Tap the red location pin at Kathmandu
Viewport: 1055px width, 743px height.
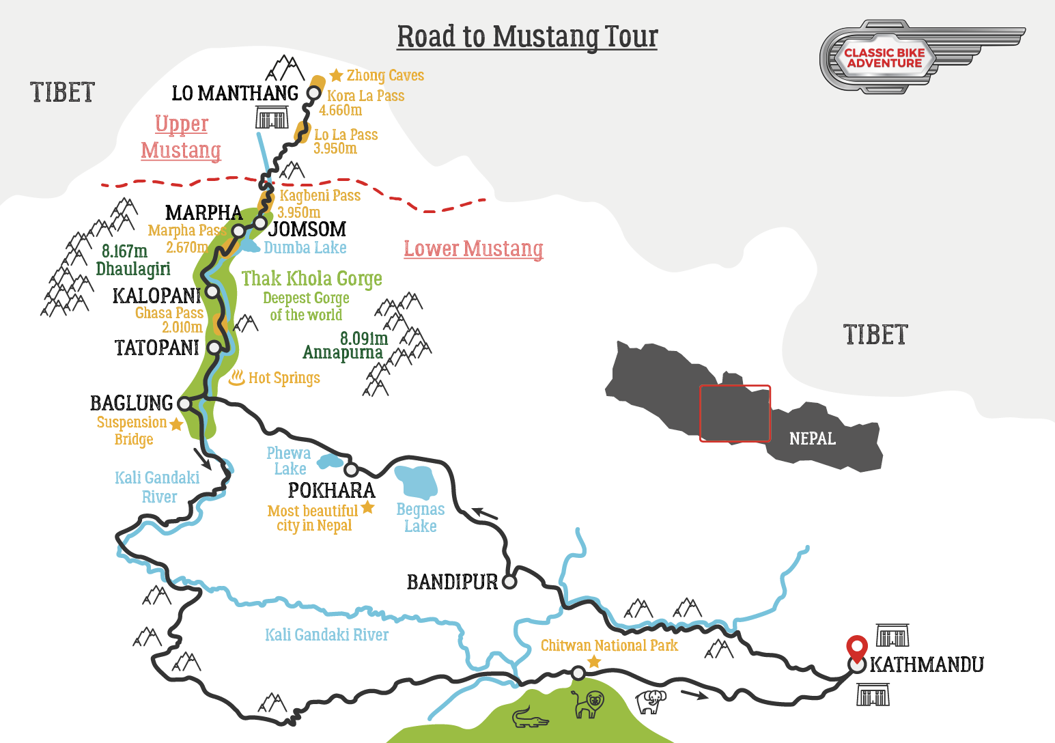856,646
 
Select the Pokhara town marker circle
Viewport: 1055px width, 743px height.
351,470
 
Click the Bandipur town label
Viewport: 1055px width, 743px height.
452,582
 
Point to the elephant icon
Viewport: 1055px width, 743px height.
650,701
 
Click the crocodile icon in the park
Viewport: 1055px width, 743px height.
530,718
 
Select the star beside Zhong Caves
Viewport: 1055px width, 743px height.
336,75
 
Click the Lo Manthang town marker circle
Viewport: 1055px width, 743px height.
313,93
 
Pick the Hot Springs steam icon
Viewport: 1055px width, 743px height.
236,377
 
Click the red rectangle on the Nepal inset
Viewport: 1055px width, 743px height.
735,413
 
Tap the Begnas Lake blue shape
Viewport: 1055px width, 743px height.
416,481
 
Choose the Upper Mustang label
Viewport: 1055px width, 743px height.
181,137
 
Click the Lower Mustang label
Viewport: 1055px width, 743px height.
473,249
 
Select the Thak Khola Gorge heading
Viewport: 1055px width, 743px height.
311,279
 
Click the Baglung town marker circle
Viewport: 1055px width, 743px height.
184,403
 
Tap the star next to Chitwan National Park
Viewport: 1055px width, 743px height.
594,661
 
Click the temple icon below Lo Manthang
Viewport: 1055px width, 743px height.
272,117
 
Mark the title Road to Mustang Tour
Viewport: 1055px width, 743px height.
527,37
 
